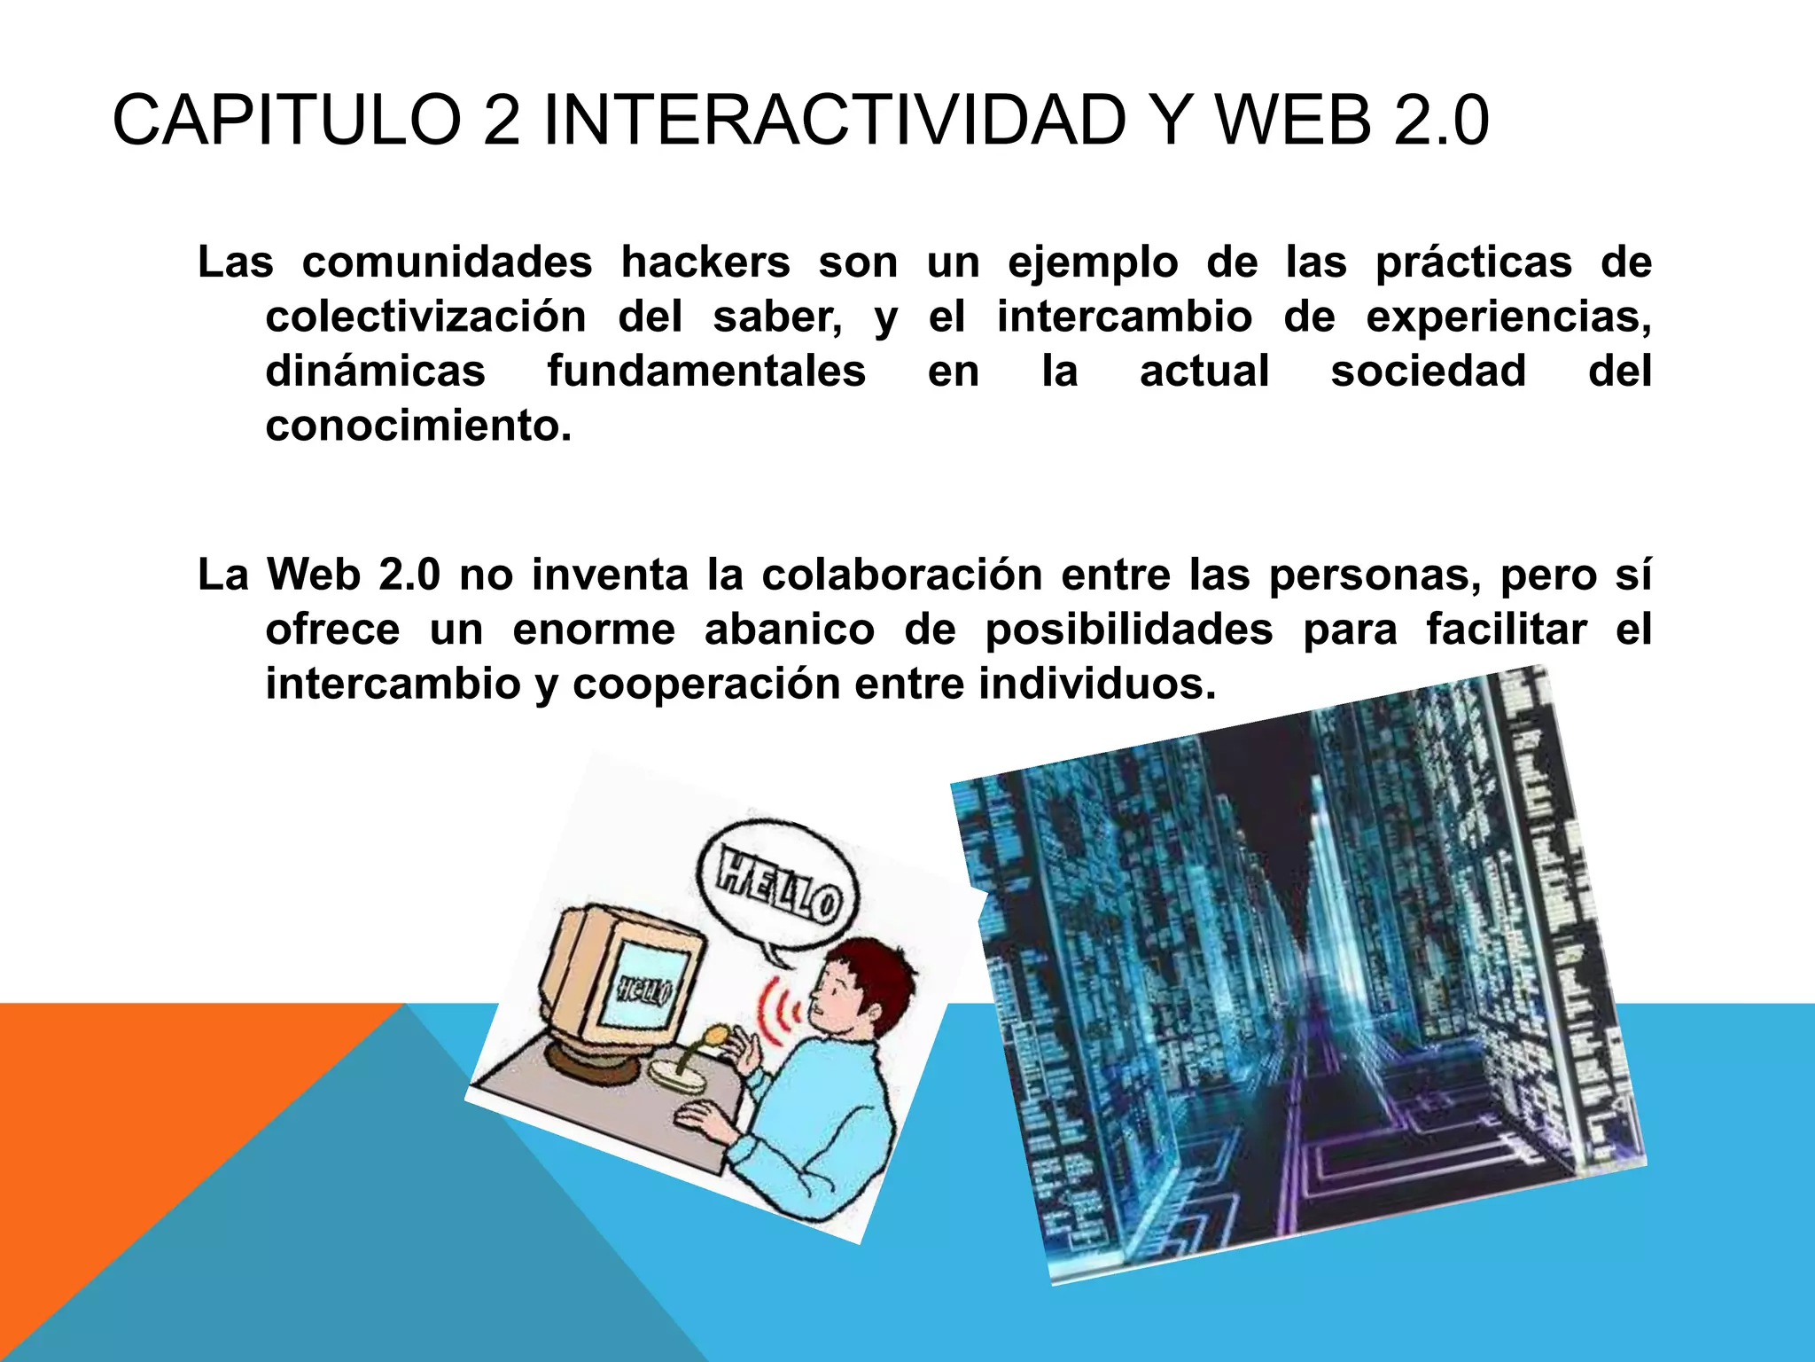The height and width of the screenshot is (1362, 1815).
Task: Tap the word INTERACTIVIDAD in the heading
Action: (834, 121)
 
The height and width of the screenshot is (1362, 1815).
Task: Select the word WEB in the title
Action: (1294, 121)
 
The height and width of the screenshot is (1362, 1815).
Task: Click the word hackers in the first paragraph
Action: (705, 262)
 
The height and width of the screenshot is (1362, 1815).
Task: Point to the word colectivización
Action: (425, 317)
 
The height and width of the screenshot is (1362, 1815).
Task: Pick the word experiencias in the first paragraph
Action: (1507, 317)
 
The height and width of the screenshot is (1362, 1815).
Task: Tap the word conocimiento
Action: (418, 427)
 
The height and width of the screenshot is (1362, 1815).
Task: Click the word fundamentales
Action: (706, 372)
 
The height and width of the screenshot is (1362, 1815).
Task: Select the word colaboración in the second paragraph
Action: (901, 575)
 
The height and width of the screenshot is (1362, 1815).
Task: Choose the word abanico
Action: (789, 630)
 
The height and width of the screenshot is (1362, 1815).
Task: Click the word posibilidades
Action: (1129, 630)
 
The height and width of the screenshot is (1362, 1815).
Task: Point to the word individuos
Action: (1097, 685)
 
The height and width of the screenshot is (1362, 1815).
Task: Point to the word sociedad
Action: (1428, 372)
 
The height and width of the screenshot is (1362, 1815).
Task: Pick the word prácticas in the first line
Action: (1473, 262)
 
